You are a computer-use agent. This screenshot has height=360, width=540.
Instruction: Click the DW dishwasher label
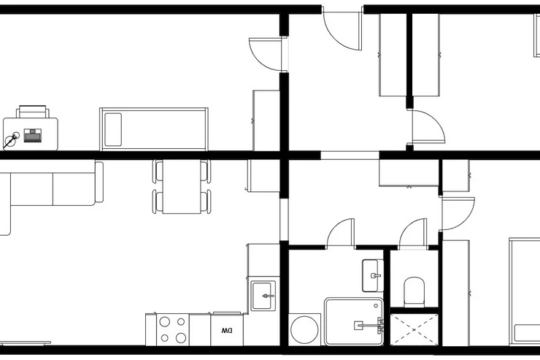(x=227, y=331)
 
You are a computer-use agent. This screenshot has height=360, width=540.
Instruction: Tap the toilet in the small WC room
(x=414, y=292)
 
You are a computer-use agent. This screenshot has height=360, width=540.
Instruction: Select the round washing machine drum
(x=304, y=329)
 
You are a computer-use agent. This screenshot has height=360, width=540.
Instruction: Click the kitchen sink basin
(x=264, y=296)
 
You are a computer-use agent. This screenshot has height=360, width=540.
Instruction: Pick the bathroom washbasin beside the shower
(x=373, y=275)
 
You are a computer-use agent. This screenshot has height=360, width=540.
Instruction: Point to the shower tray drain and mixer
(x=369, y=325)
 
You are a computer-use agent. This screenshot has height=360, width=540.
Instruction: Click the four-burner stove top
(x=173, y=329)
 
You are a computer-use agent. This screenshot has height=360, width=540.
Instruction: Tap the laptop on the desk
(x=33, y=135)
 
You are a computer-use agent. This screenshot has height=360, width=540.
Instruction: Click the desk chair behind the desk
(x=32, y=112)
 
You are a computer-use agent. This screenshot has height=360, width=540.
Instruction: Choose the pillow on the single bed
(x=113, y=129)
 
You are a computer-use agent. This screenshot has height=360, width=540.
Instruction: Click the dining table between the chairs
(x=182, y=186)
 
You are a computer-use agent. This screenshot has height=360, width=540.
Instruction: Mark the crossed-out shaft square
(x=414, y=329)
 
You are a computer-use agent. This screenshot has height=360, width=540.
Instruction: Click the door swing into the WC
(x=413, y=233)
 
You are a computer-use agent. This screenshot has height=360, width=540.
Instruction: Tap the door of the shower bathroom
(x=340, y=233)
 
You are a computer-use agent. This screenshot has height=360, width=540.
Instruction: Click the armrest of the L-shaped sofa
(x=99, y=182)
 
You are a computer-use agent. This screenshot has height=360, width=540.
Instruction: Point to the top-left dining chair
(x=158, y=171)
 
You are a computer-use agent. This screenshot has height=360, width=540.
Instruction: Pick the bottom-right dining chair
(x=206, y=202)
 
